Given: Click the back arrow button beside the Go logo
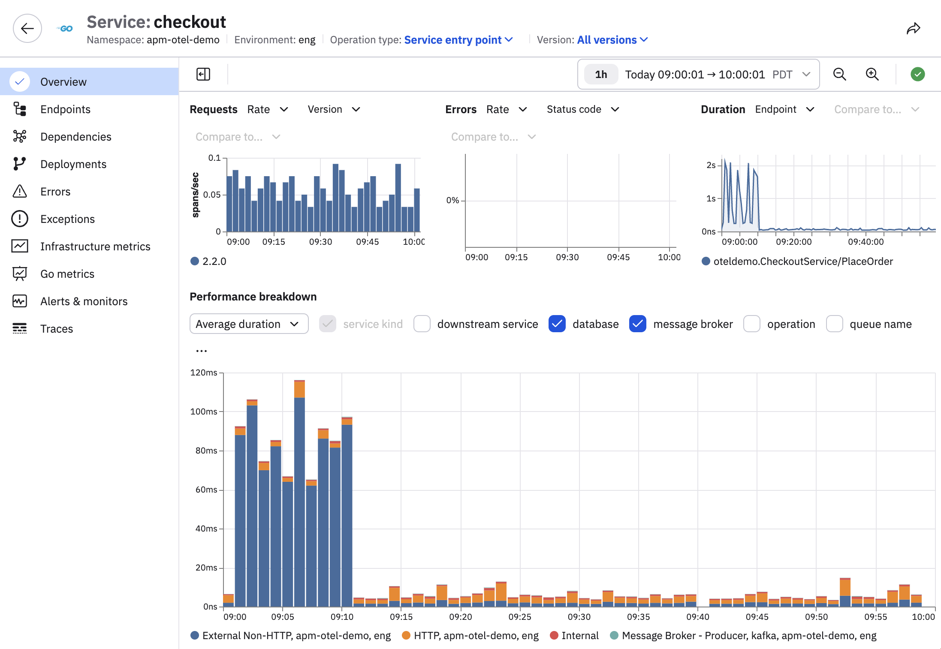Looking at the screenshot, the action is click(27, 28).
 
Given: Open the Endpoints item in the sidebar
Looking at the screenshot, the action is click(65, 109).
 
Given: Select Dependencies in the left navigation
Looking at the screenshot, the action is click(75, 137).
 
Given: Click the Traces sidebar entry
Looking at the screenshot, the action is click(57, 329).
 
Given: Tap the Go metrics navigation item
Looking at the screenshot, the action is click(67, 274).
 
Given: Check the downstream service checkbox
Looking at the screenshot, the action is click(422, 324).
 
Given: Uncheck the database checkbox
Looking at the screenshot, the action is click(557, 324).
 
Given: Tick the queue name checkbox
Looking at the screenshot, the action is click(835, 324).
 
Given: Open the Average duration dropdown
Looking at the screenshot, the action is click(249, 324).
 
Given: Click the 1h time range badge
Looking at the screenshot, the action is click(601, 75).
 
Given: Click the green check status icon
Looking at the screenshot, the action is click(917, 74).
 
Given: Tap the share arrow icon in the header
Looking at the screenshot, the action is click(913, 29).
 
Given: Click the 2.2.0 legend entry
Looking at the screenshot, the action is click(208, 261).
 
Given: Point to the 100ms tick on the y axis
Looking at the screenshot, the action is click(204, 412).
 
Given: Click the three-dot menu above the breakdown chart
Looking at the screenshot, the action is click(202, 351).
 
